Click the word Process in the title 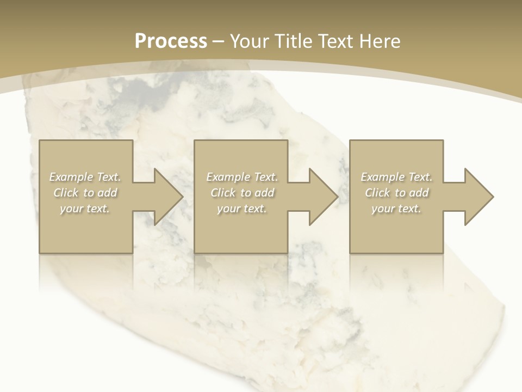coord(171,41)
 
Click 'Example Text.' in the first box coord(85,177)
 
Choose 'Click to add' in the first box coord(85,193)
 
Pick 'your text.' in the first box coord(85,209)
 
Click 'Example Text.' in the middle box coord(242,177)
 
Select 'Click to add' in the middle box coord(242,193)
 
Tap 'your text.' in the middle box coord(242,209)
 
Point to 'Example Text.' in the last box coord(396,177)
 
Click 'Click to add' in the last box coord(396,193)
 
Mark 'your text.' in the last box coord(396,209)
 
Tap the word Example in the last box coord(383,177)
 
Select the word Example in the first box coord(72,177)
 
